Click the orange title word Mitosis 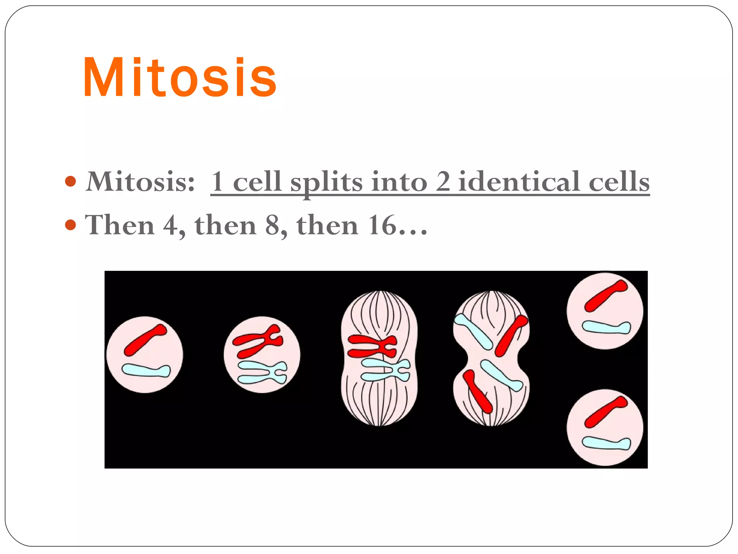(180, 77)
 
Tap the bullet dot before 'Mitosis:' (71, 181)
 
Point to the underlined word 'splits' (326, 182)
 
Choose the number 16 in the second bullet (382, 225)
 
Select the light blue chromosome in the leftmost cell (146, 370)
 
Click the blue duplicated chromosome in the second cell (262, 372)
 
